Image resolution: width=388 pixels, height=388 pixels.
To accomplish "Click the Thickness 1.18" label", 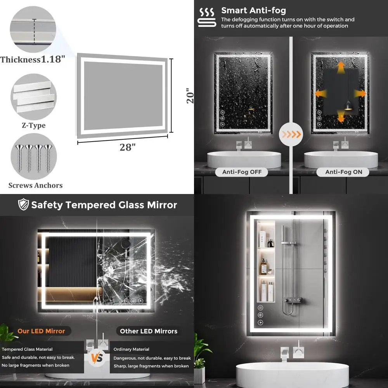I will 33,60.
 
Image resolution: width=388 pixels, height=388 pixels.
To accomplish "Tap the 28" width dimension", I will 128,147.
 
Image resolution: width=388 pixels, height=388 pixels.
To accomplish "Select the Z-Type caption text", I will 33,125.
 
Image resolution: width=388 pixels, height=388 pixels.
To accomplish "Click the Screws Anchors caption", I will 35,185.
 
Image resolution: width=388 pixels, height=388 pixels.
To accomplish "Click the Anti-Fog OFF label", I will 242,172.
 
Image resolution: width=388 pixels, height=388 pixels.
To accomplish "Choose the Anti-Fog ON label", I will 343,172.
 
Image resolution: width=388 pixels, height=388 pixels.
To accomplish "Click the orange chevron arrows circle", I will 291,134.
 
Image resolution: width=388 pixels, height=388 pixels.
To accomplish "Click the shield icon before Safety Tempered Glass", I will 23,205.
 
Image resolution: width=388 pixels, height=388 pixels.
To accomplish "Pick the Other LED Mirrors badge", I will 149,331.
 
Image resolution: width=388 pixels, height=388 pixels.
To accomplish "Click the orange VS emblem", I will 97,357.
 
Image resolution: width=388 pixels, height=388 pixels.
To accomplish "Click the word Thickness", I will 20,60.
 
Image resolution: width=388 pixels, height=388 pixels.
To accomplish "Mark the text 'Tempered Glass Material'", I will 27,349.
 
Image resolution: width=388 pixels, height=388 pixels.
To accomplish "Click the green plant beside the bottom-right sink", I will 202,351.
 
